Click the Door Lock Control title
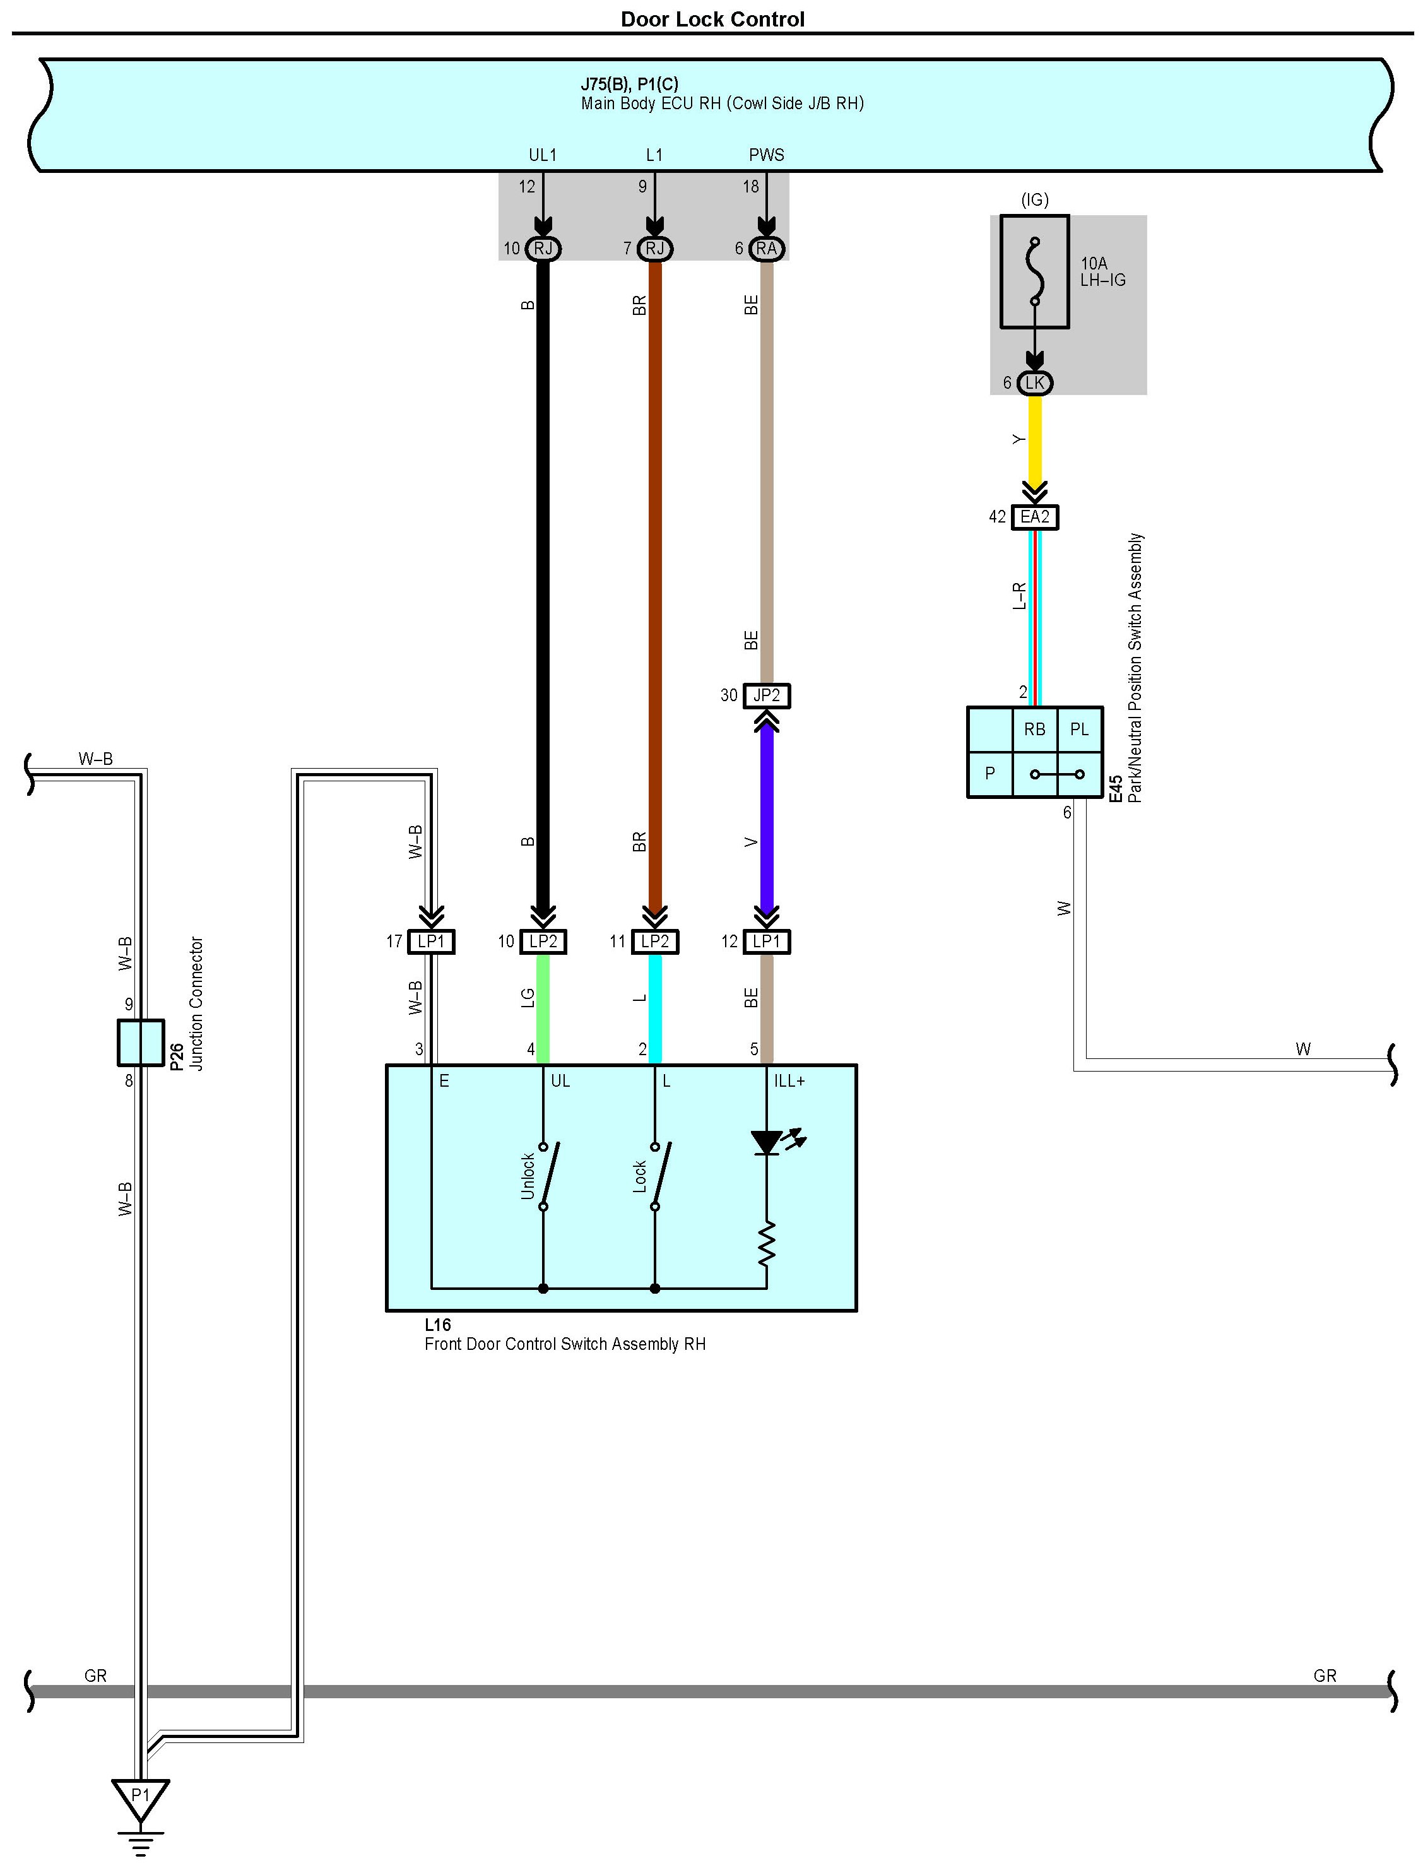click(x=712, y=19)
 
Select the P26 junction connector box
click(x=141, y=1042)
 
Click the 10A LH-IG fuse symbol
click(x=1034, y=271)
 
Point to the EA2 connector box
click(x=1034, y=517)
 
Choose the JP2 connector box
click(x=767, y=695)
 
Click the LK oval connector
click(x=1034, y=383)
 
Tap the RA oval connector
click(x=767, y=248)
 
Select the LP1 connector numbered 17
click(x=431, y=941)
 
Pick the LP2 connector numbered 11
click(x=655, y=941)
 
